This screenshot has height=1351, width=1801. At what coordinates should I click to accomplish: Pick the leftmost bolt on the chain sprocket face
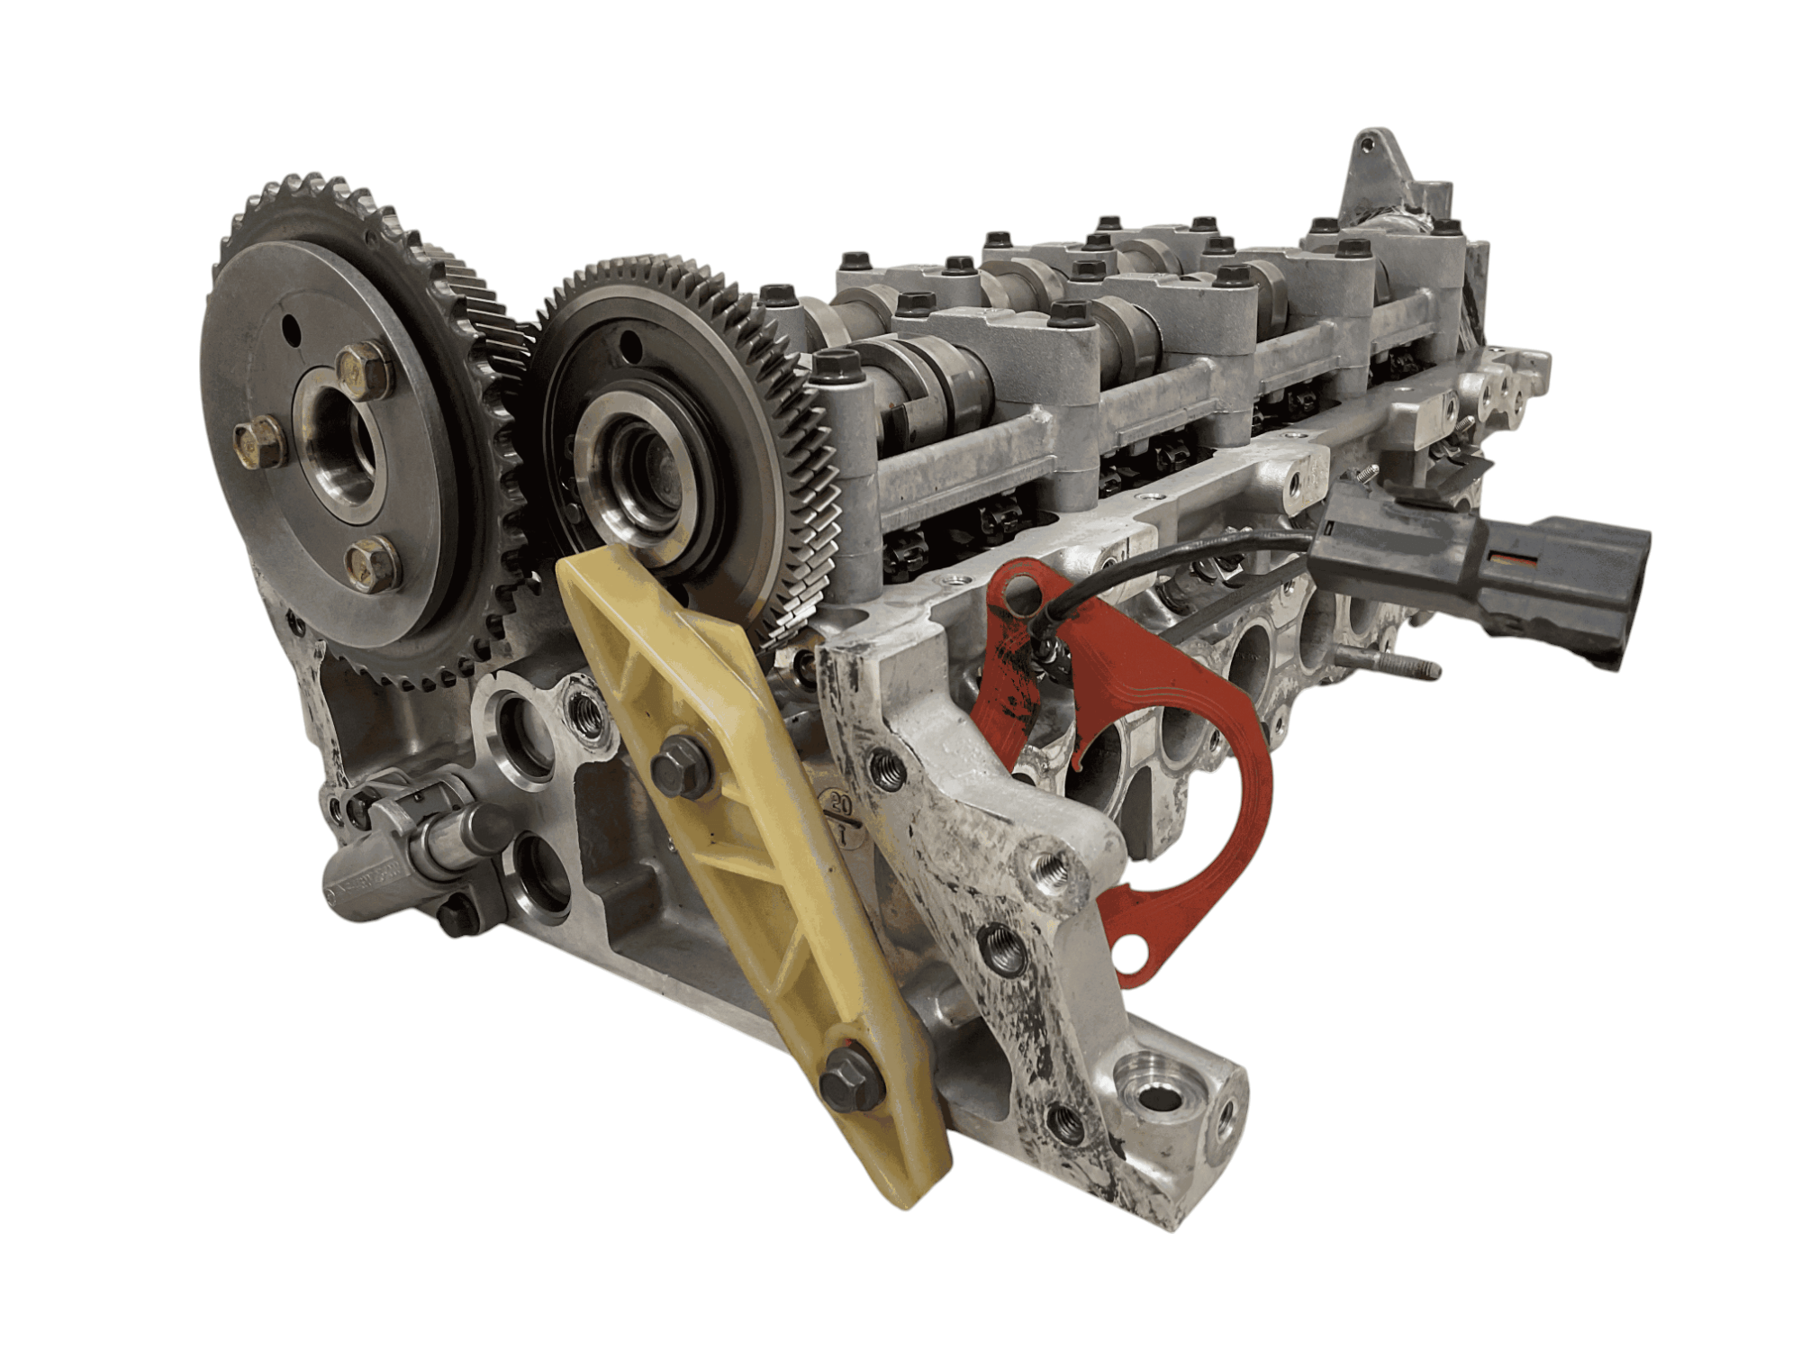click(x=259, y=444)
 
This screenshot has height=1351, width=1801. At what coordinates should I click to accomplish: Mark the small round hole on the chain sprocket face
click(x=292, y=328)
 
